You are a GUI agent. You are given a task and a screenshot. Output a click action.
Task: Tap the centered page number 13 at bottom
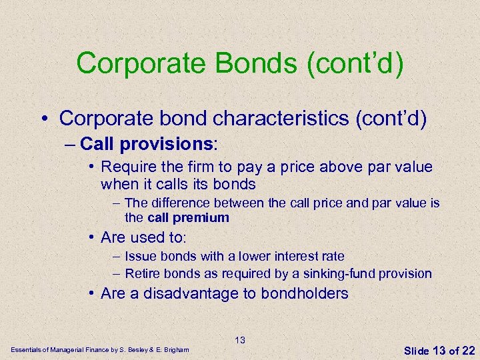pos(240,340)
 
